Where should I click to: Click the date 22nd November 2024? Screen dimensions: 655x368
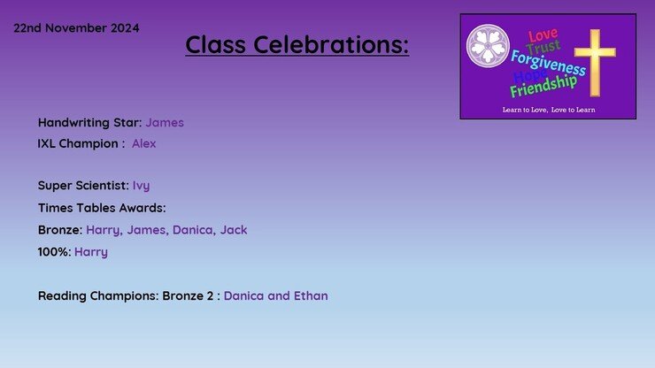click(x=76, y=28)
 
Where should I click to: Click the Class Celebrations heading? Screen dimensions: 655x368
click(x=297, y=44)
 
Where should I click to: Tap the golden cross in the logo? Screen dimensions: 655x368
click(x=595, y=63)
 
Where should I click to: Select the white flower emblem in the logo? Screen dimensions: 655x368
click(x=488, y=45)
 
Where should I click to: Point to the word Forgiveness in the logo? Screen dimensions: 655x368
click(x=548, y=63)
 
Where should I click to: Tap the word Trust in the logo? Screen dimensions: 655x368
click(x=543, y=47)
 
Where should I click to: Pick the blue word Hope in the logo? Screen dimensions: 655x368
click(x=529, y=75)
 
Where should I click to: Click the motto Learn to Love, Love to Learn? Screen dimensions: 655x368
click(x=549, y=110)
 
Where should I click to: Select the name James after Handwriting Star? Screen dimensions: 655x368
click(x=165, y=122)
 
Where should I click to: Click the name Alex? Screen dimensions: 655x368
click(x=144, y=143)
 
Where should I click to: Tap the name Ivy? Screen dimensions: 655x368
click(x=142, y=186)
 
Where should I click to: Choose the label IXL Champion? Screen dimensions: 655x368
click(x=81, y=143)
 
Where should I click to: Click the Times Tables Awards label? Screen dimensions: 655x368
click(x=102, y=208)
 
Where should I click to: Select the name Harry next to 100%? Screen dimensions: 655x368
click(x=91, y=252)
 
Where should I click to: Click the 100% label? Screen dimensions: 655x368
click(x=54, y=252)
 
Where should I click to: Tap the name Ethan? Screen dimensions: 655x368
click(x=311, y=295)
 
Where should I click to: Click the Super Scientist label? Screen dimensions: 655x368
click(x=83, y=186)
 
